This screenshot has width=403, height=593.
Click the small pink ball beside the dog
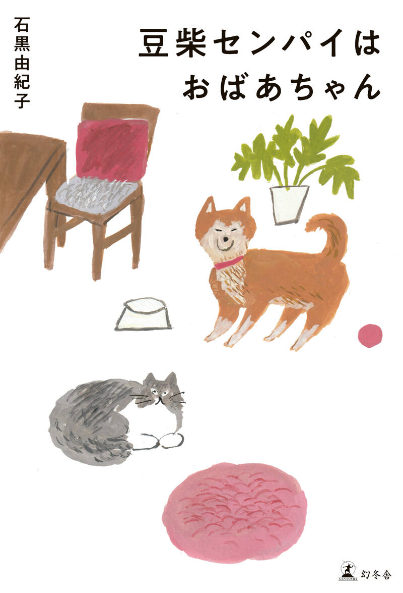pos(369,336)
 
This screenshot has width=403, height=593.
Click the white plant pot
pos(288,205)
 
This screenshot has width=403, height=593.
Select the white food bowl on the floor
pos(143,314)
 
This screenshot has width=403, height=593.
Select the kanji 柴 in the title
pos(191,44)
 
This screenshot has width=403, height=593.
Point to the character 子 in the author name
pos(22,100)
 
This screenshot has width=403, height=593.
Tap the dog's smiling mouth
pos(225,247)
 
